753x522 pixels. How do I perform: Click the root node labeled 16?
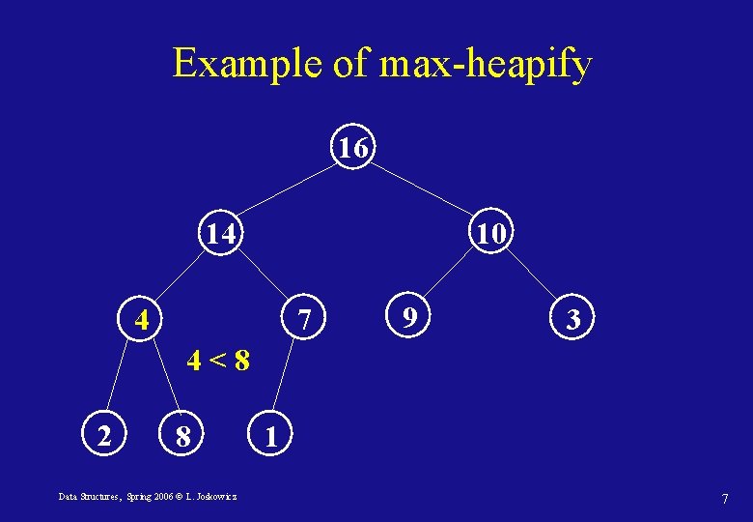(x=353, y=149)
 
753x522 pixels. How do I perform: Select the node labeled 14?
(x=222, y=233)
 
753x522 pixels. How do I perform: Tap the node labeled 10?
(x=490, y=233)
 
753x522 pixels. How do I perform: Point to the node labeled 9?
(x=410, y=316)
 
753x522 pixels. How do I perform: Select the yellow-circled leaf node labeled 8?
(x=181, y=438)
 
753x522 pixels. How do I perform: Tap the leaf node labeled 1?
(x=271, y=437)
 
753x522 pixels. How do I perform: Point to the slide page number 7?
(x=724, y=498)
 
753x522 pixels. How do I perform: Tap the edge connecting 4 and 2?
(x=122, y=379)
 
